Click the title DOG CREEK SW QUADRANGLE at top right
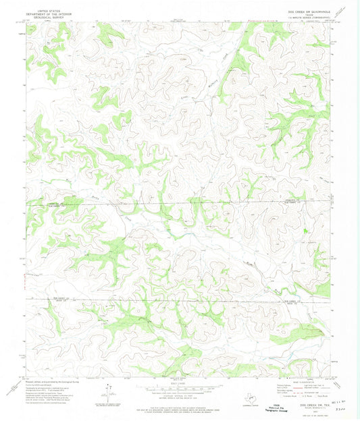point(302,8)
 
